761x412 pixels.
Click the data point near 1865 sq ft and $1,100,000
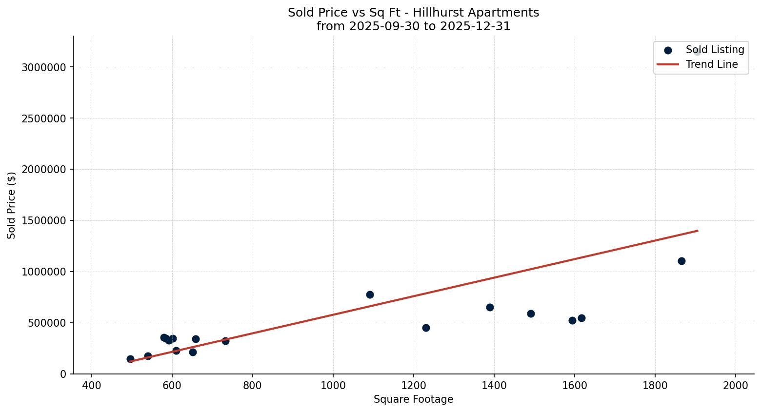681,261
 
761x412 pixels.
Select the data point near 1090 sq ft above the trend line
370,294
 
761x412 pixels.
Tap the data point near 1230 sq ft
426,328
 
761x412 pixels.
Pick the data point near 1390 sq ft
490,307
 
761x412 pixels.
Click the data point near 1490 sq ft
531,314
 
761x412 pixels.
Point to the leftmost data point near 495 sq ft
130,359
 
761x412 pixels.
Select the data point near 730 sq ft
225,341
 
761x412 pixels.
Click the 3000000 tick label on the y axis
44,67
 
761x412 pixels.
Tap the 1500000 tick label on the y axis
44,221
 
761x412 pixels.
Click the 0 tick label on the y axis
63,374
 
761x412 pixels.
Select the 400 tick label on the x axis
92,385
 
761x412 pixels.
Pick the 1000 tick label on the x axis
333,385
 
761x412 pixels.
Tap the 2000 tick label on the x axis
736,385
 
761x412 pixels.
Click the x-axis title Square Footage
413,400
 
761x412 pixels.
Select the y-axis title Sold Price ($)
12,205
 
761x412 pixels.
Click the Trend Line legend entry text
712,64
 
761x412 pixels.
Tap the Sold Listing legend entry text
715,50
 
